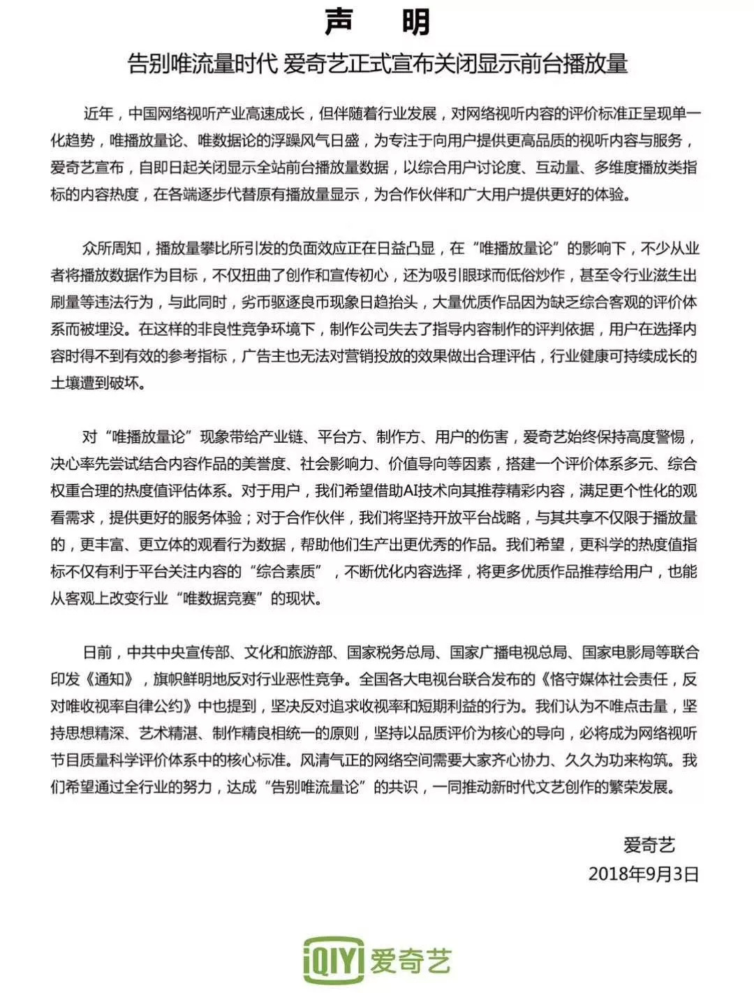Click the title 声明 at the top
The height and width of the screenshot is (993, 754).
tap(377, 22)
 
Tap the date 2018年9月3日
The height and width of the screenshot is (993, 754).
tap(643, 874)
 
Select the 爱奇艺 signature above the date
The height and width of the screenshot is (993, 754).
tap(649, 845)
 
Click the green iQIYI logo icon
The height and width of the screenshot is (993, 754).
tap(334, 961)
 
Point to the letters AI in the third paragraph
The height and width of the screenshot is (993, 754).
tap(412, 491)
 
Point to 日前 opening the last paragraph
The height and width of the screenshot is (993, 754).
tap(97, 652)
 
